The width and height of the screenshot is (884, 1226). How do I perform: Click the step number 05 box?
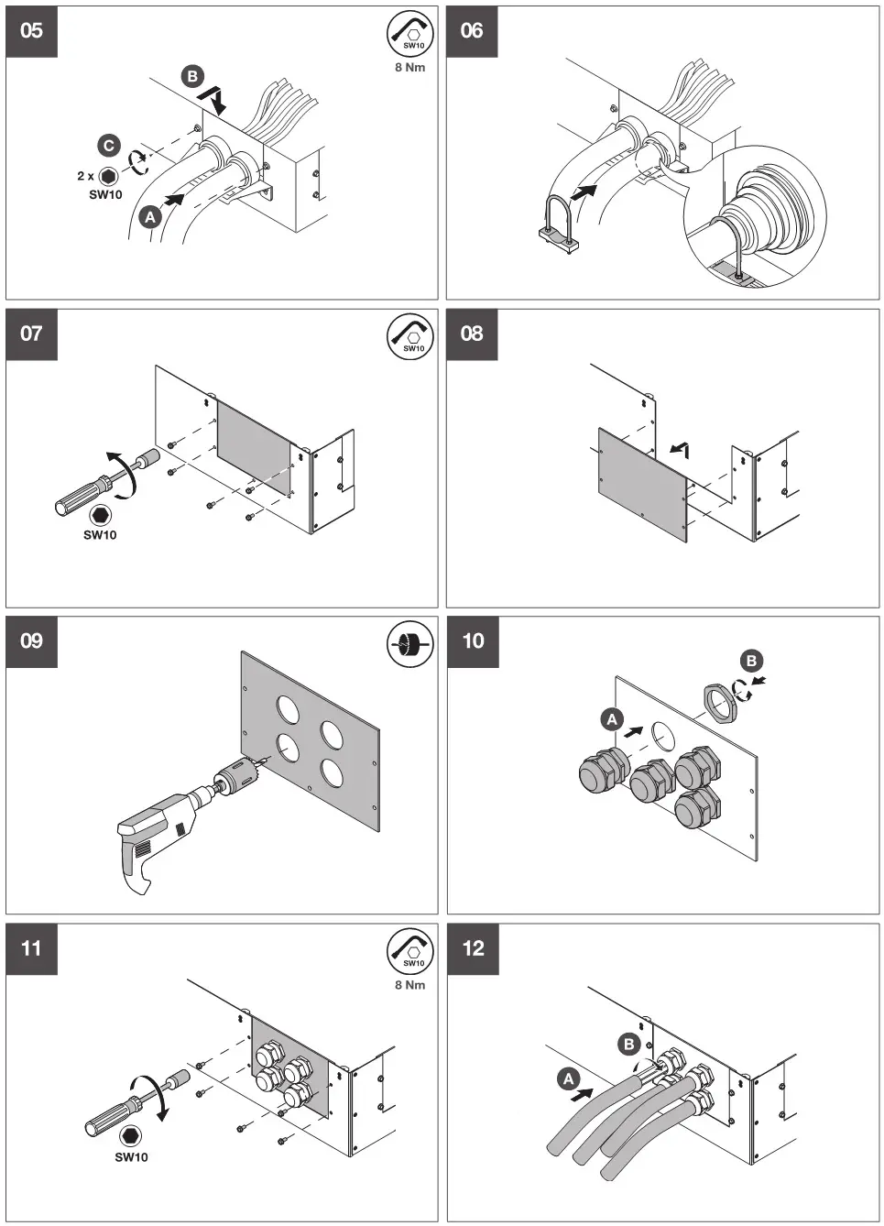pos(32,31)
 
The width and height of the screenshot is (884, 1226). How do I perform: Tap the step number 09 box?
pos(32,640)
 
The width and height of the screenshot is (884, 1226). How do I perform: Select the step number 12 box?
pos(473,948)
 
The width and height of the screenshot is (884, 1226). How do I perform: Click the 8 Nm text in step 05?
pos(409,68)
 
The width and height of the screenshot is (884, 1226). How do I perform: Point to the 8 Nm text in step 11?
pos(409,985)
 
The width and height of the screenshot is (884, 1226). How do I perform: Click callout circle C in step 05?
pos(109,146)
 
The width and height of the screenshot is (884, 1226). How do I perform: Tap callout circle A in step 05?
pos(149,216)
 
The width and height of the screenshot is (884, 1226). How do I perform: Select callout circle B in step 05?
pos(192,76)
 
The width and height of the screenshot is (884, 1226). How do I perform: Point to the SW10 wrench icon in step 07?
pos(409,335)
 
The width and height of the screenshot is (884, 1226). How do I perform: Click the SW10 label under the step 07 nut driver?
pos(100,535)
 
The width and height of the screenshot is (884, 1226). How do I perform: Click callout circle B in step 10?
pos(751,661)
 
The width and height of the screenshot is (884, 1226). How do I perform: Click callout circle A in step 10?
pos(612,719)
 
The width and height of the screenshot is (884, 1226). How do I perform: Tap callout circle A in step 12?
pos(568,1078)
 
